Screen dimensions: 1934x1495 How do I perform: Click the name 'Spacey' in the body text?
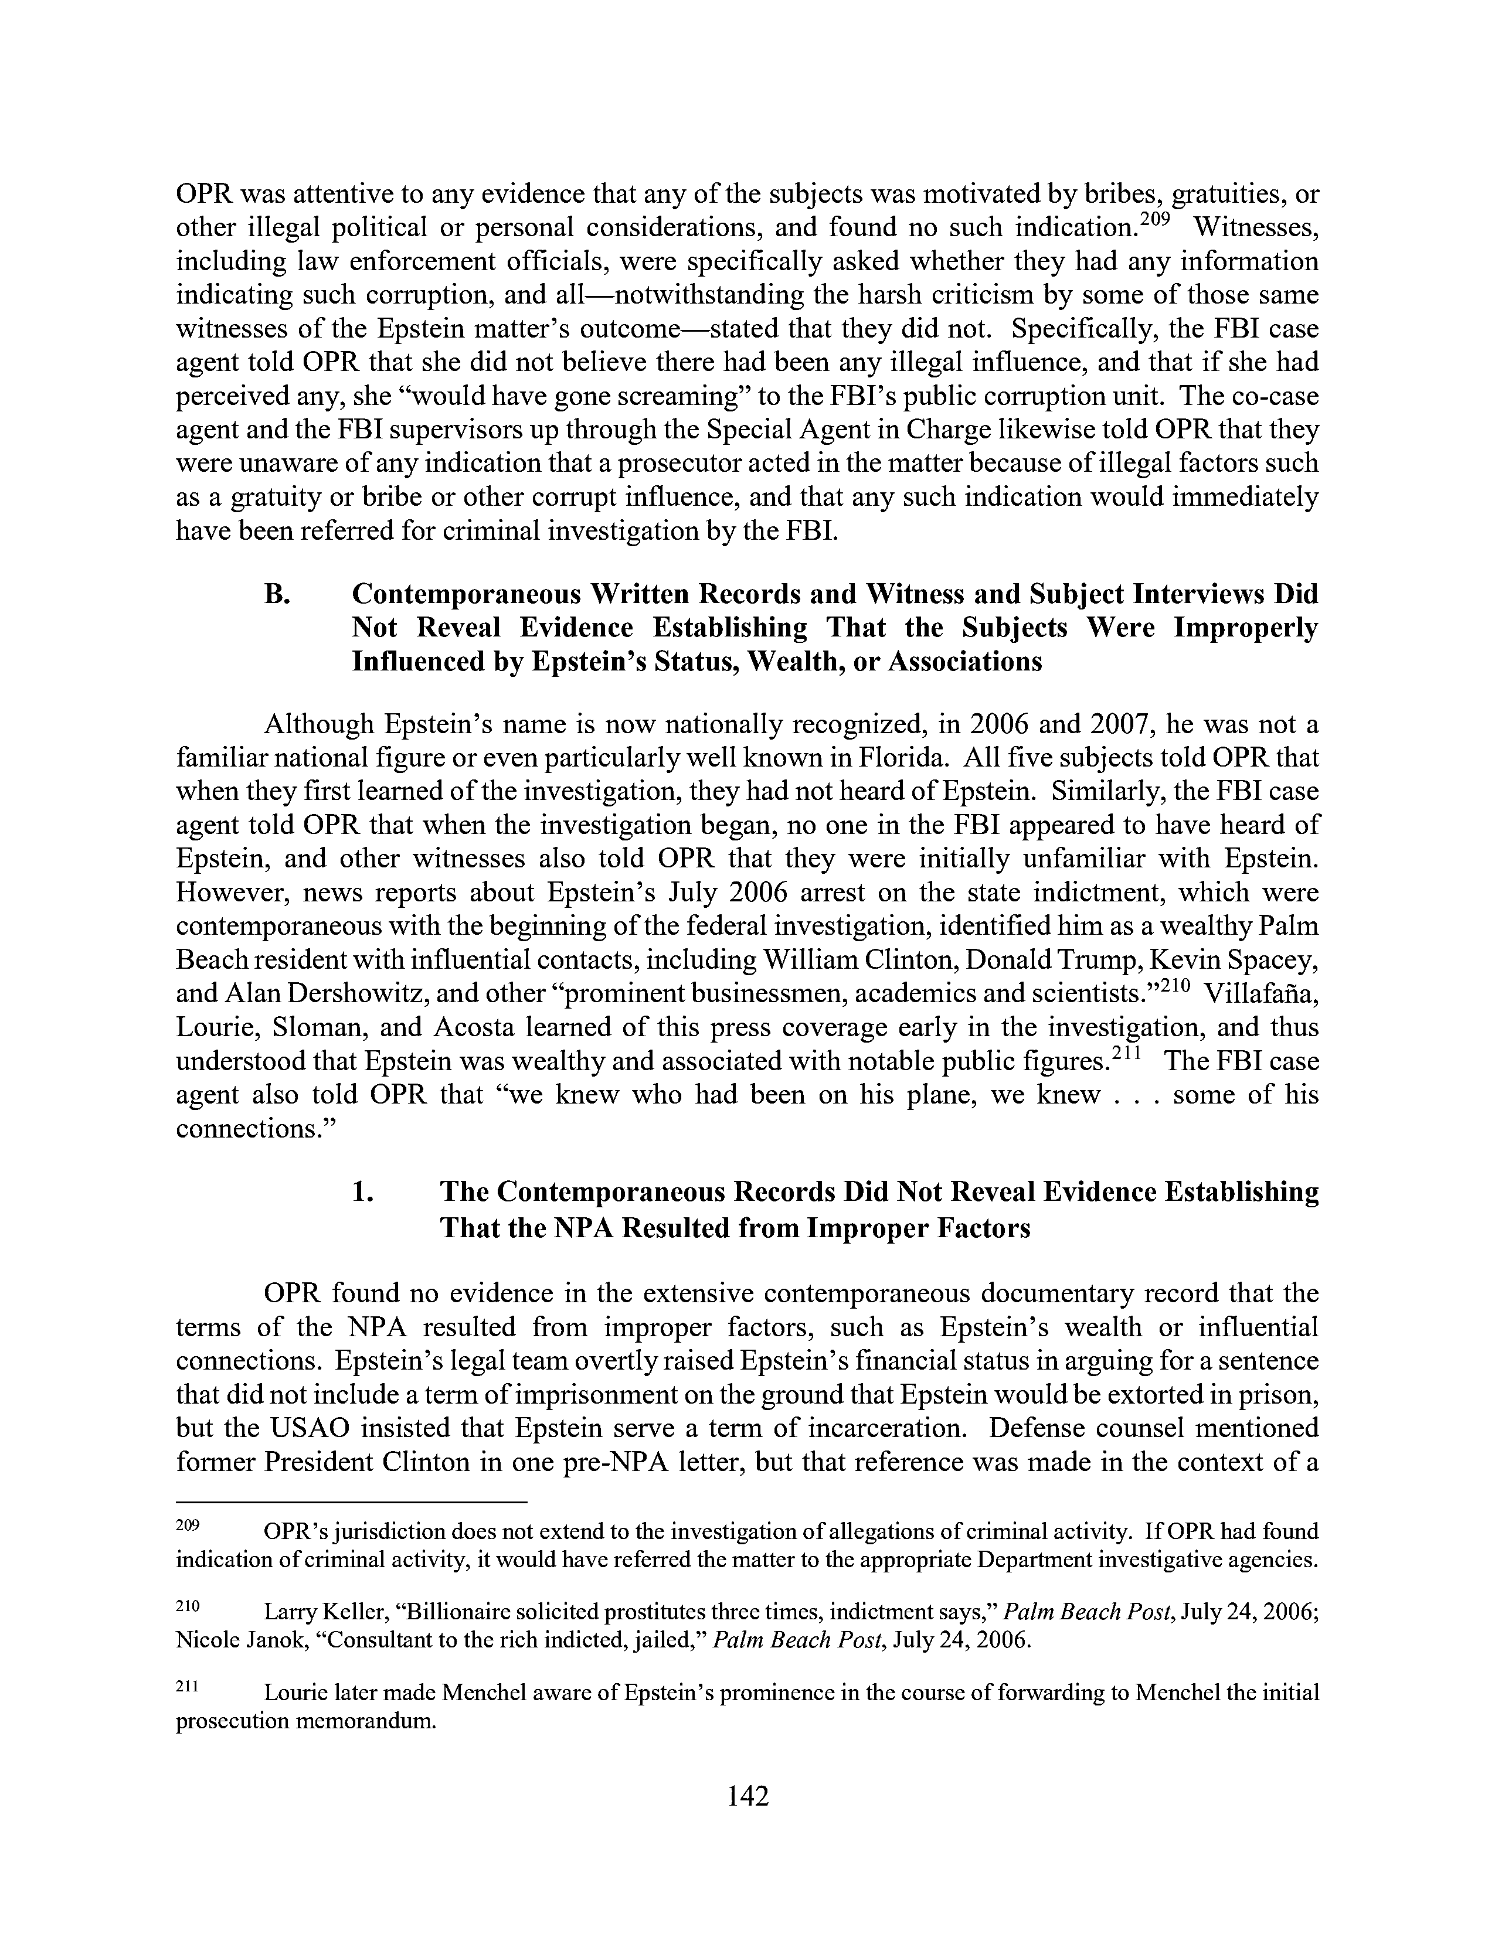point(1276,960)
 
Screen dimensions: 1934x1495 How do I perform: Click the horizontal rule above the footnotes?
point(352,1502)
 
